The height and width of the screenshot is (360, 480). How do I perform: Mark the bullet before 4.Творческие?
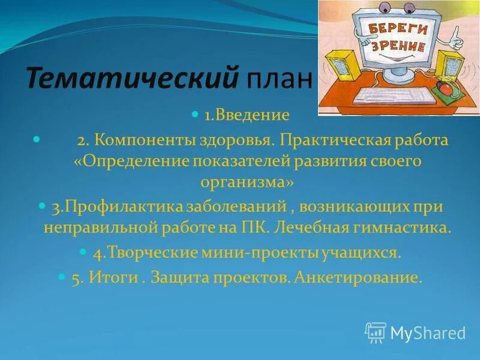(83, 251)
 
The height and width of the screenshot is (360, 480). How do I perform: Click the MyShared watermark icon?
(376, 332)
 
